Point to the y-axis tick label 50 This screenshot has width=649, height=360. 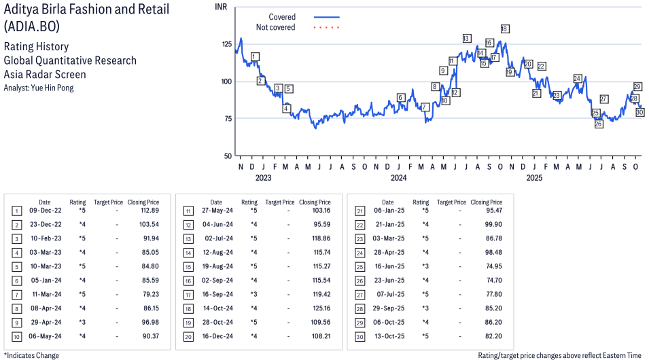pyautogui.click(x=227, y=156)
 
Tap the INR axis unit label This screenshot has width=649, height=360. pyautogui.click(x=221, y=6)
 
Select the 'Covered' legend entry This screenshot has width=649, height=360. pyautogui.click(x=282, y=17)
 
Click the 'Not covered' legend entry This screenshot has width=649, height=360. pyautogui.click(x=275, y=27)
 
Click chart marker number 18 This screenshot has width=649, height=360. pyautogui.click(x=504, y=29)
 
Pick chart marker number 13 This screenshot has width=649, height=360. pyautogui.click(x=466, y=38)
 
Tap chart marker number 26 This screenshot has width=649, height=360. pyautogui.click(x=598, y=124)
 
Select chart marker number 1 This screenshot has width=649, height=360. pyautogui.click(x=254, y=56)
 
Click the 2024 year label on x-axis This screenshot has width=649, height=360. pyautogui.click(x=398, y=178)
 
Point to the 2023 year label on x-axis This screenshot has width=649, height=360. pyautogui.click(x=263, y=178)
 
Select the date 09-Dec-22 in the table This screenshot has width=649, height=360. pyautogui.click(x=44, y=211)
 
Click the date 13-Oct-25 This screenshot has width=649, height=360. pyautogui.click(x=387, y=336)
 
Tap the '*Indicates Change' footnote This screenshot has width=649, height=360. pyautogui.click(x=31, y=355)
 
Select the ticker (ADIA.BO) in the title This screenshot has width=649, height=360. pyautogui.click(x=31, y=27)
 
